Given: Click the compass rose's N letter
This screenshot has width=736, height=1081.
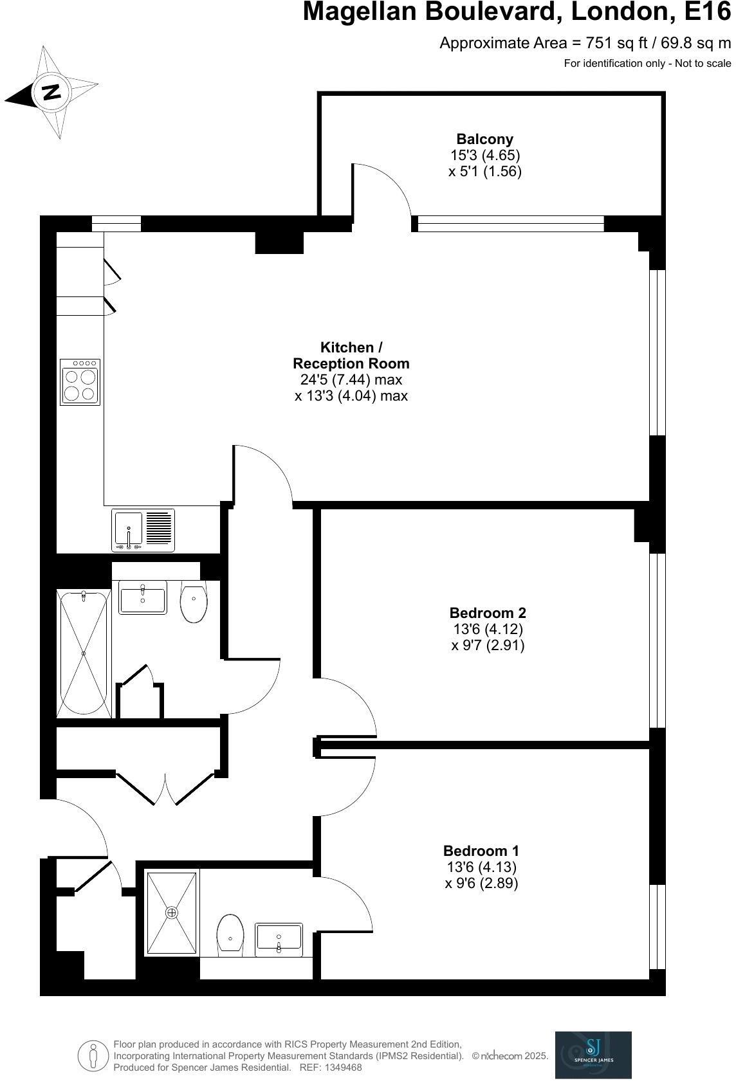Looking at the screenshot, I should pos(51,92).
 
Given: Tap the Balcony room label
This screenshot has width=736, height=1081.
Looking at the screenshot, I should pos(485,139).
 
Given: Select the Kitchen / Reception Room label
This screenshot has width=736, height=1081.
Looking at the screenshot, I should pos(351,355).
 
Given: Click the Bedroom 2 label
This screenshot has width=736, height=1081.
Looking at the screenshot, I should pos(488,612).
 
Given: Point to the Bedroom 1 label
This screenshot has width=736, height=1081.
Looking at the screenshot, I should pos(481,850).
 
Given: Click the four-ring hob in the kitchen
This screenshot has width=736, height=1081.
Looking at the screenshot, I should pos(80,382).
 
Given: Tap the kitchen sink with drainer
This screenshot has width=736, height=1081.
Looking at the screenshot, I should pos(143,530).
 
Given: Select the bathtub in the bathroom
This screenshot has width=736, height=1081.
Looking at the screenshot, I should pos(84,653).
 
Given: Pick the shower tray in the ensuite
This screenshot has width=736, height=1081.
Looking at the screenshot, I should pos(171,912).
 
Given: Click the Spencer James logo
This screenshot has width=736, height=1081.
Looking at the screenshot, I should pos(593,1055).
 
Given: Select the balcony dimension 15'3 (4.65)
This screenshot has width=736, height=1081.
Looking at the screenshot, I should pos(485,155).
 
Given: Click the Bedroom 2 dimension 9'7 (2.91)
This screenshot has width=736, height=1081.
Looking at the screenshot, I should pos(488,645).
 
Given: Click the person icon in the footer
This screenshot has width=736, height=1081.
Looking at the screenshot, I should pos(93,1055).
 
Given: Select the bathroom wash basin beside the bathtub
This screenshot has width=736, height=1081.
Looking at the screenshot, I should pos(142,598).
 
